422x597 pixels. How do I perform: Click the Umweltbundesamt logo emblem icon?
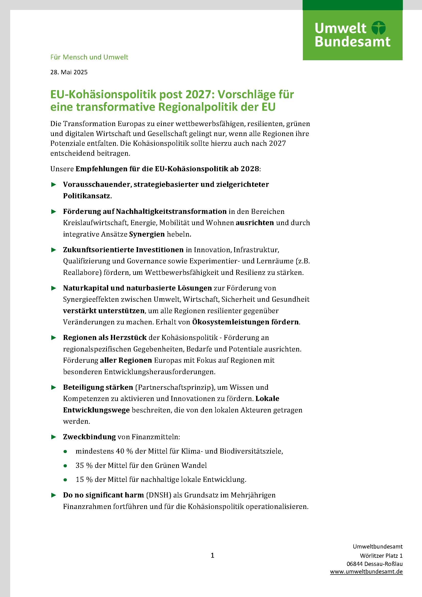point(378,28)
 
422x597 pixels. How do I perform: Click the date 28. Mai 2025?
point(69,72)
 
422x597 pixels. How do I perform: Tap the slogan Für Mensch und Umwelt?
point(89,57)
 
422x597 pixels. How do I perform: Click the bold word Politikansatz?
point(86,196)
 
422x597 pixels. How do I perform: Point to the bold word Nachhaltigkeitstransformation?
point(171,211)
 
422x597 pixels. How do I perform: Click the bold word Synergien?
point(147,234)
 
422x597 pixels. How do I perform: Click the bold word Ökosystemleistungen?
point(231,322)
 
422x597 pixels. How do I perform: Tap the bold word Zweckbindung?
point(89,436)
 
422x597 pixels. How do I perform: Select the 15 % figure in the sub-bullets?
point(84,479)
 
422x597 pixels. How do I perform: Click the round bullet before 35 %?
point(65,466)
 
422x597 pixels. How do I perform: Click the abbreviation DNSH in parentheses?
point(158,495)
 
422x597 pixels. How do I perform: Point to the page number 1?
point(212,555)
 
